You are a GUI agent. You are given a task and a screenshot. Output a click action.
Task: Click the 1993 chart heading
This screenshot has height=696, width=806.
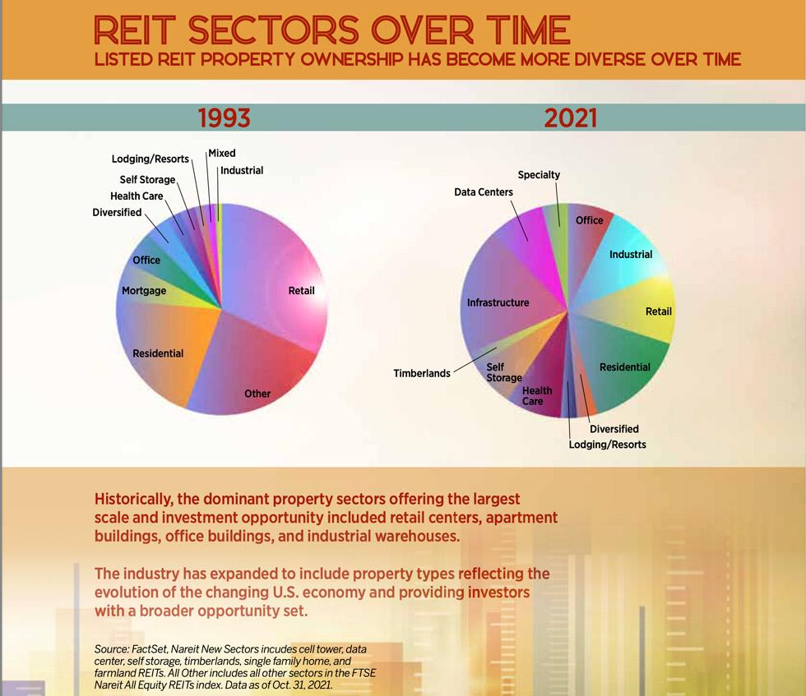[224, 118]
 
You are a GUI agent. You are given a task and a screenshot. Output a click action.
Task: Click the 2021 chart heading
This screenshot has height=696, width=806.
[570, 118]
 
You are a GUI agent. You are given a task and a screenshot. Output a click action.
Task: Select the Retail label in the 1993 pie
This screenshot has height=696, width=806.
[301, 291]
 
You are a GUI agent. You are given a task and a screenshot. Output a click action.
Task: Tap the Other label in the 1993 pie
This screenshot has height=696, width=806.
[257, 394]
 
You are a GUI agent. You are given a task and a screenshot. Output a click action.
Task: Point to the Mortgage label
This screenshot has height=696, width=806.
[144, 291]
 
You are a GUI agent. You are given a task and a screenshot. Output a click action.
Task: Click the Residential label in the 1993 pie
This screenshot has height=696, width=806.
[158, 353]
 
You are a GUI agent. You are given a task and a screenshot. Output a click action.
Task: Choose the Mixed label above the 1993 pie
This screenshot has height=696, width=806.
[221, 153]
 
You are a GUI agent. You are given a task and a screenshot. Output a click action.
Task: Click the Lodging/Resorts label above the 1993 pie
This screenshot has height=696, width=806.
[151, 159]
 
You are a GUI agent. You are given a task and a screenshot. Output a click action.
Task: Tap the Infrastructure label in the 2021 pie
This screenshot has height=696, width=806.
[498, 302]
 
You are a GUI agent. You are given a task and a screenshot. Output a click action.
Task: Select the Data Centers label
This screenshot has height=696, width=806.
[484, 192]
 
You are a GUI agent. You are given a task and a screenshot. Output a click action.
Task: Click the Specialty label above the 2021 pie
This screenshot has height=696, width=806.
[539, 175]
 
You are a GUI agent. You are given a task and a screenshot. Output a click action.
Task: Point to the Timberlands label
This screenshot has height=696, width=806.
[422, 373]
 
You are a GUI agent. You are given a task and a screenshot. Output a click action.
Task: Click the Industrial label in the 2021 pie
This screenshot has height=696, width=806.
[631, 255]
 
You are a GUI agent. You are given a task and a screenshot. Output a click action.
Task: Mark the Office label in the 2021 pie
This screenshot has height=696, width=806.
[589, 220]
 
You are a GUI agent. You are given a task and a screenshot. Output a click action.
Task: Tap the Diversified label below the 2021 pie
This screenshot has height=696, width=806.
[614, 429]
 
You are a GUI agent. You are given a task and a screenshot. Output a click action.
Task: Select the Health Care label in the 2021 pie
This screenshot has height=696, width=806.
[537, 395]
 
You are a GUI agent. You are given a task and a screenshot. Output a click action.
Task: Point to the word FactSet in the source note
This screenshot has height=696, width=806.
[149, 649]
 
